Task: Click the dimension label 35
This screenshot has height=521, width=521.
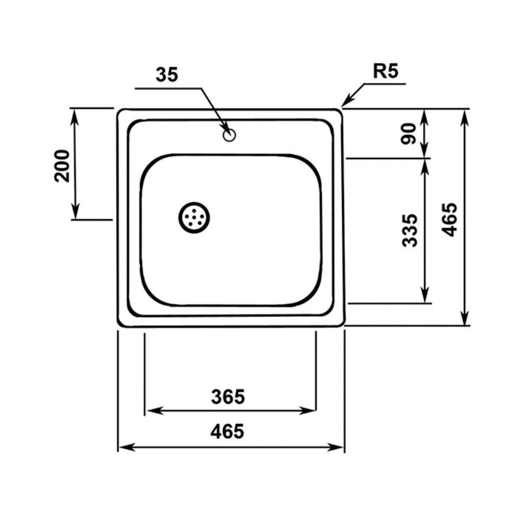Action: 167,75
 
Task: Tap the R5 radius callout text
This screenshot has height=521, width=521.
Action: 386,71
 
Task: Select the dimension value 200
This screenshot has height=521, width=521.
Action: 62,166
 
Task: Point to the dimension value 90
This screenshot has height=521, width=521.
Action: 408,133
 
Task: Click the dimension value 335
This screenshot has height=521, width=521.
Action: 409,230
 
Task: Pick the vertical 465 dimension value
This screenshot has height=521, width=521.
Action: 450,219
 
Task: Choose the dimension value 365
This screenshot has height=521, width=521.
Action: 228,396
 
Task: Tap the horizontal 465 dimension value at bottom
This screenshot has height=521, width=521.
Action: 227,431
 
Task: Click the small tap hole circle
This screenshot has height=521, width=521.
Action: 229,135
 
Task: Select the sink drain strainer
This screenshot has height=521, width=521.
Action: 194,218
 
